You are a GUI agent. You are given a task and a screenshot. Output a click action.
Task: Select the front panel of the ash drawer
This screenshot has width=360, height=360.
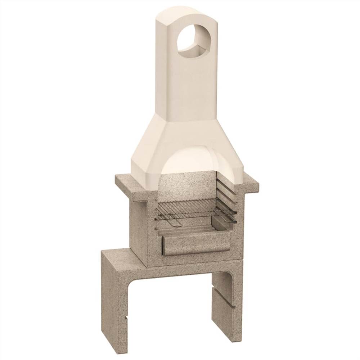tap(196, 243)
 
